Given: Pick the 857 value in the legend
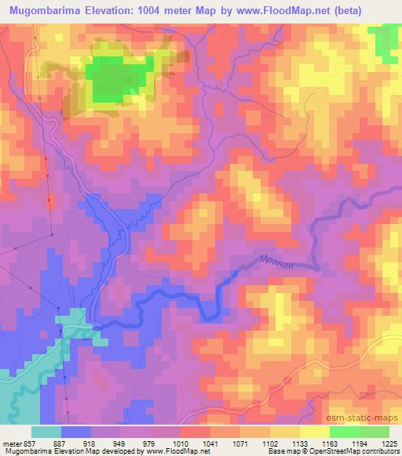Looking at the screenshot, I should pyautogui.click(x=29, y=442).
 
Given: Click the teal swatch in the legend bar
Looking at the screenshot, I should pyautogui.click(x=46, y=432).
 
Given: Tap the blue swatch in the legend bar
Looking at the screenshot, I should pyautogui.click(x=76, y=432).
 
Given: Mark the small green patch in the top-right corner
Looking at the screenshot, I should pyautogui.click(x=386, y=41).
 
